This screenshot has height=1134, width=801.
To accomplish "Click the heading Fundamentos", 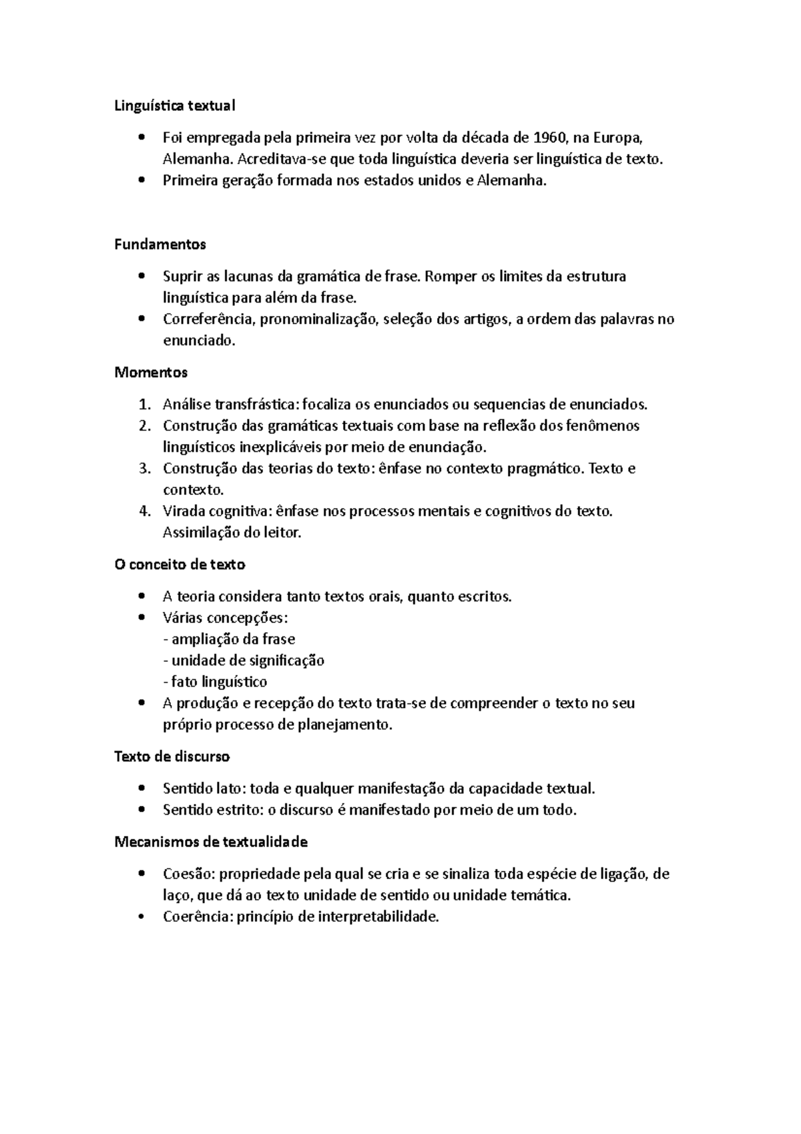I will (x=160, y=244).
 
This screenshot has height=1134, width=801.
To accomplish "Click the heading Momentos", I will (x=151, y=372).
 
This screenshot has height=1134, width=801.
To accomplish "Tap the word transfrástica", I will (x=258, y=404).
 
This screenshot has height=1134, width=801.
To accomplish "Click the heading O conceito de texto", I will (x=180, y=564).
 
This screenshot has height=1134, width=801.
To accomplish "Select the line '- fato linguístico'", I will (x=215, y=682).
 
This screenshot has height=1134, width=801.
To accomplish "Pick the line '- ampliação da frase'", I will (x=229, y=639).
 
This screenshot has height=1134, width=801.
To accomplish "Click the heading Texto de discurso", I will (x=172, y=757).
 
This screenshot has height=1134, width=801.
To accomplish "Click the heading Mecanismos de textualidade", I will (x=211, y=842).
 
